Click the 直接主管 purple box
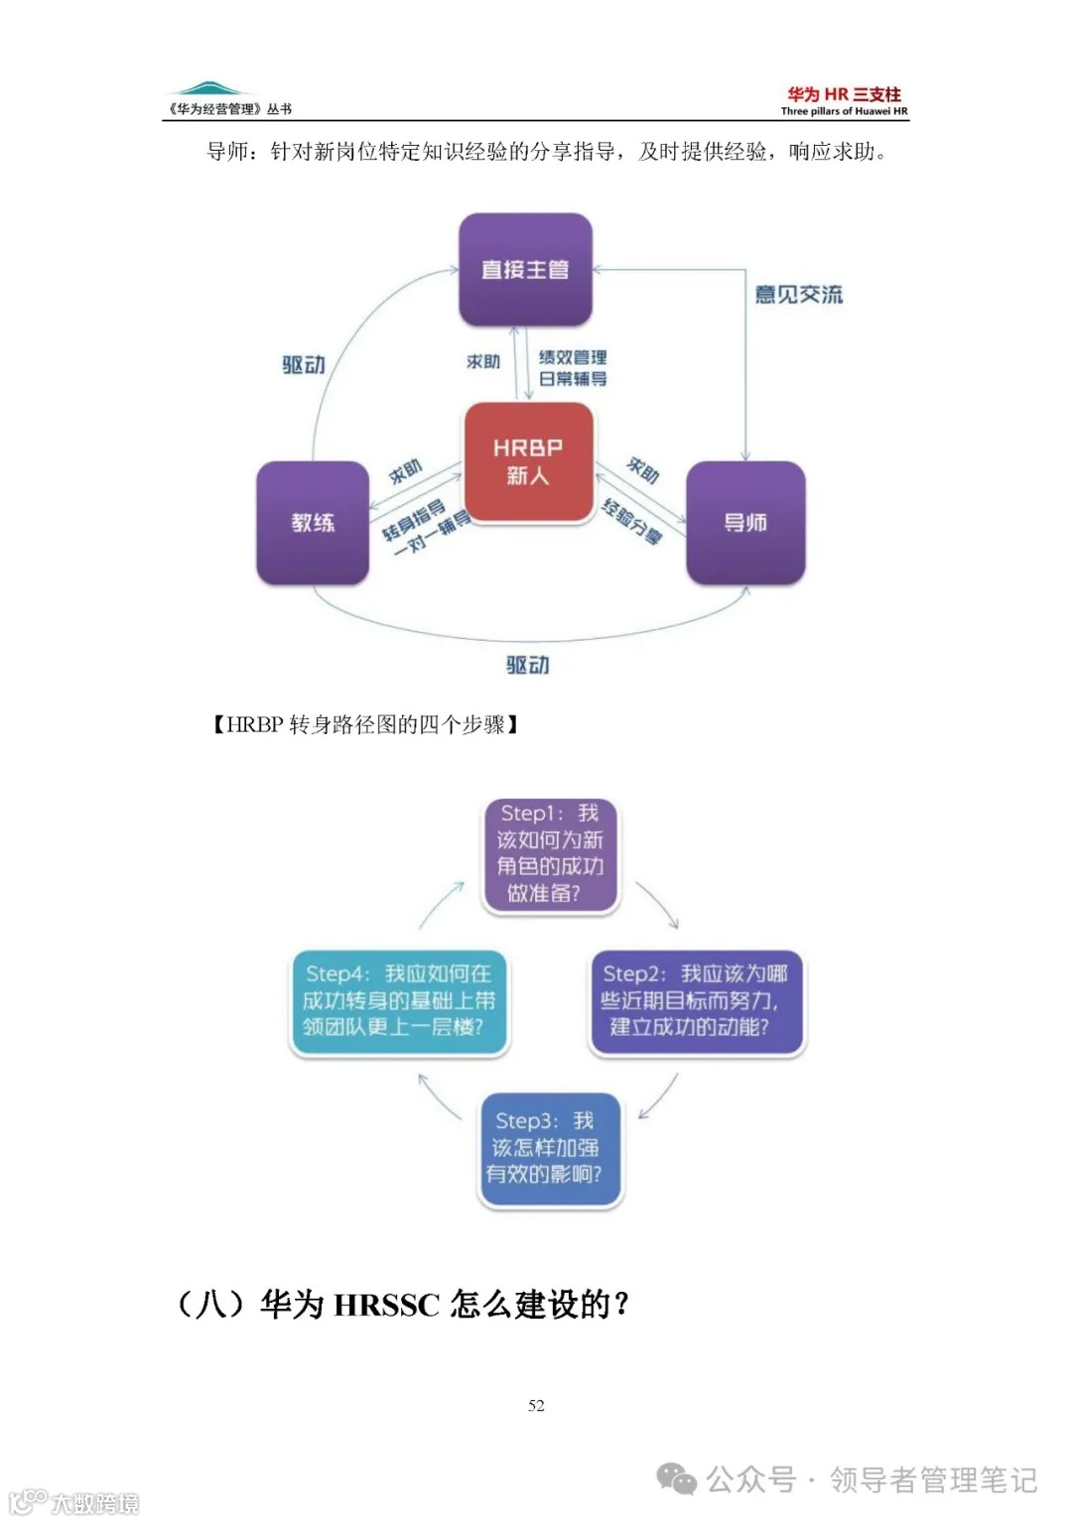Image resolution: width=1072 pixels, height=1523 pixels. point(525,269)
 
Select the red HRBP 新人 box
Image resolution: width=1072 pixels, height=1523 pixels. point(528,461)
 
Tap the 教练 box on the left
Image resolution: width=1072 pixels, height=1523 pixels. point(313,523)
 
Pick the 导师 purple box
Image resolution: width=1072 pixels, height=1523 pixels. point(745,523)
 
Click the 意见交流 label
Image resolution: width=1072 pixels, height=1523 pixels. point(798,295)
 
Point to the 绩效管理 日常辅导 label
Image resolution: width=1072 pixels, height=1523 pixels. point(573,368)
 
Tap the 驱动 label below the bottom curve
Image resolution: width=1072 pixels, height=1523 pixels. point(528,665)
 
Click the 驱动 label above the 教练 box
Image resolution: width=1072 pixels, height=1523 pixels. point(304,365)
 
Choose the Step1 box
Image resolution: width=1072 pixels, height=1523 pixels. point(551,854)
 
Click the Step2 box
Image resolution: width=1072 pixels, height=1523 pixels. point(696,1001)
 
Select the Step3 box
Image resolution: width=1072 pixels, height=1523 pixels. point(550,1148)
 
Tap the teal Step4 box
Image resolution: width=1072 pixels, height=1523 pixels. point(399,1001)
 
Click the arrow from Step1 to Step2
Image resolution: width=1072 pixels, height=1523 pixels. point(658,904)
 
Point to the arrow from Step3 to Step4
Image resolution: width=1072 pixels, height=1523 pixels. point(439,1096)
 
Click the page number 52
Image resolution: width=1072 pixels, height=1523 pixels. point(536,1405)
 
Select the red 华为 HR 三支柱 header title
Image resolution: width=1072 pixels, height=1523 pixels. point(844,94)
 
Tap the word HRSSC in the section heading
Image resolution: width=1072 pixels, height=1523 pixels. point(386,1305)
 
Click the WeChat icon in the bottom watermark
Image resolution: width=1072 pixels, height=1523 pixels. point(677,1479)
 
